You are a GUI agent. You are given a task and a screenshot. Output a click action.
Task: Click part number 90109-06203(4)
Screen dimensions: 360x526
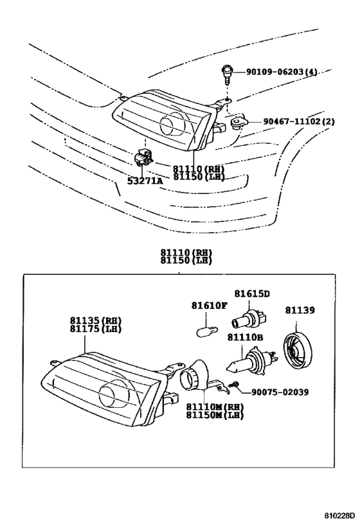tap(282, 71)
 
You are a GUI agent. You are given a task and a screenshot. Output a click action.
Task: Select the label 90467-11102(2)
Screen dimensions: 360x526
tap(298, 121)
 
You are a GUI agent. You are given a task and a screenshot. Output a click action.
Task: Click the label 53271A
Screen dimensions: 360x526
tap(145, 181)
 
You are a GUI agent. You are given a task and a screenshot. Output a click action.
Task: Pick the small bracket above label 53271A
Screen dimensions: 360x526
tap(144, 157)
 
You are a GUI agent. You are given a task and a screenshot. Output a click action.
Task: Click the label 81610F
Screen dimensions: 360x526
tap(209, 306)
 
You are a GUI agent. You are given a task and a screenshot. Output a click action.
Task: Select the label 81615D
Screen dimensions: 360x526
tap(251, 294)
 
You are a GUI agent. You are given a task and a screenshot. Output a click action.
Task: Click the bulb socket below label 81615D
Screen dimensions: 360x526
tap(250, 319)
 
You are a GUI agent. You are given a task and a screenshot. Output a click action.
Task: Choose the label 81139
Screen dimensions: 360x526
tap(300, 310)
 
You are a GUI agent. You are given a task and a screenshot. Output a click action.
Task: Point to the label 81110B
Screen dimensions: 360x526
tap(245, 337)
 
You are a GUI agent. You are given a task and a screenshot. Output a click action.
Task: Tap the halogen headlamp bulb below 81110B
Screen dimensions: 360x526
tap(252, 362)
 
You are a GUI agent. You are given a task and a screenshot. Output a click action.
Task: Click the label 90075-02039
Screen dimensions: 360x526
tap(280, 392)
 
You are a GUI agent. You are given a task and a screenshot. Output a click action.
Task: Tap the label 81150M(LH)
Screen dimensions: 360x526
tap(215, 415)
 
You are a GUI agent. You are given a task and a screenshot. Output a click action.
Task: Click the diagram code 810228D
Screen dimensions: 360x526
tap(339, 514)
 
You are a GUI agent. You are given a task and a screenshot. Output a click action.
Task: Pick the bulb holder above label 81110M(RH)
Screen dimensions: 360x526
tap(201, 376)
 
